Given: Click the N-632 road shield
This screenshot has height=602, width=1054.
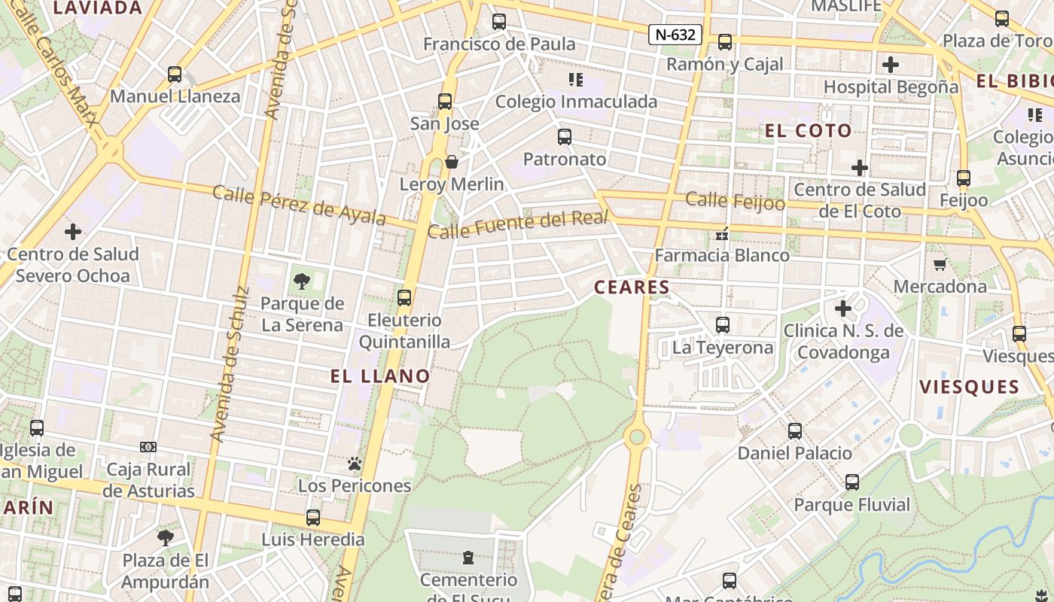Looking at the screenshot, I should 675,34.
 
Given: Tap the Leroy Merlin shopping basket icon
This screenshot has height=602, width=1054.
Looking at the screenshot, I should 452,162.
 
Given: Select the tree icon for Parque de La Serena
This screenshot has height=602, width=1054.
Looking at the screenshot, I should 301,281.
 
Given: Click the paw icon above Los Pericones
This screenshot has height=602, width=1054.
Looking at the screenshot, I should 355,464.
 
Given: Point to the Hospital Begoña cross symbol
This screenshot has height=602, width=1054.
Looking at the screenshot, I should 891,65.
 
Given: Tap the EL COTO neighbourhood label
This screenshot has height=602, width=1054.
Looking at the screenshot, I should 809,131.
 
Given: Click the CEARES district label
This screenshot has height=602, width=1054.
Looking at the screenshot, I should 632,287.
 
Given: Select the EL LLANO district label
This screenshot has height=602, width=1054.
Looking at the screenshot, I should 380,376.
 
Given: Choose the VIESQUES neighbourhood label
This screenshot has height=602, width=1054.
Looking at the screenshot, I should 969,388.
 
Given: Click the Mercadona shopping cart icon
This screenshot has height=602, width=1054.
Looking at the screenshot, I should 940,264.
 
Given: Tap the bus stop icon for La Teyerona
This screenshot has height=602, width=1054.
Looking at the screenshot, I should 723,325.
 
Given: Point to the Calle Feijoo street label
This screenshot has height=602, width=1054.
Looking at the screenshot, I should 736,200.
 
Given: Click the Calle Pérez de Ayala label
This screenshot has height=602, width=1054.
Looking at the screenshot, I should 300,205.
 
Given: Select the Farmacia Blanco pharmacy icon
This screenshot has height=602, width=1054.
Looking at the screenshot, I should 722,234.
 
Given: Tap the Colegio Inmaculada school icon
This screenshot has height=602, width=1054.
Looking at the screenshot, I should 576,80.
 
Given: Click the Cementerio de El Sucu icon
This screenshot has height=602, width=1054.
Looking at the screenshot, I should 468,558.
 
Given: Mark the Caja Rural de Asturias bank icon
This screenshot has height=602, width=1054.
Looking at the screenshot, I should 148,447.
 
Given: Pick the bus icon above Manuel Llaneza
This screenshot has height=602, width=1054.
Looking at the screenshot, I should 175,74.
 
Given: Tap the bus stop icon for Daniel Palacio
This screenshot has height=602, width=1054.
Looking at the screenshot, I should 795,431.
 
